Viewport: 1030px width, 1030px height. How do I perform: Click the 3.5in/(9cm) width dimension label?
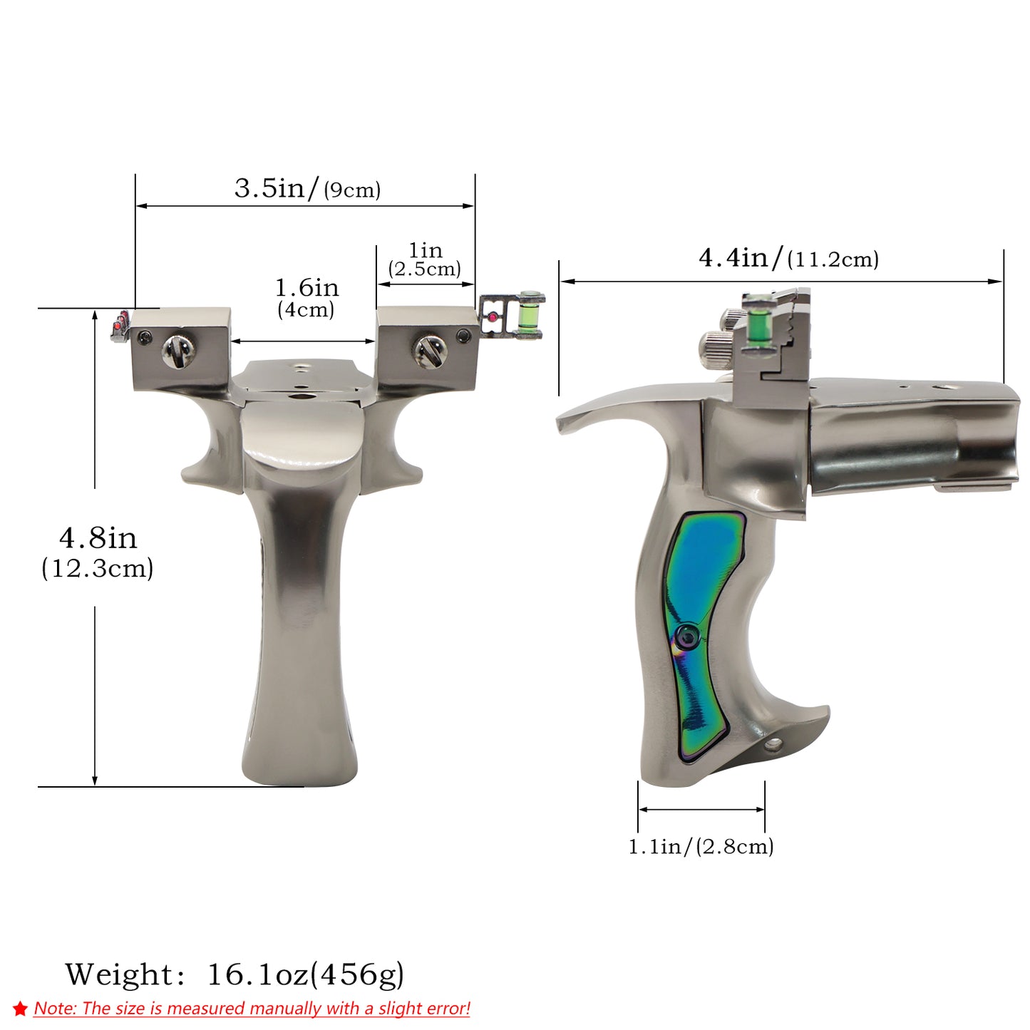coord(307,188)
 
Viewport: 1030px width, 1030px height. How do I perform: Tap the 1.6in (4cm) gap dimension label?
coord(307,298)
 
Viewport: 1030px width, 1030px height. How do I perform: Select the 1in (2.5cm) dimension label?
coord(425,259)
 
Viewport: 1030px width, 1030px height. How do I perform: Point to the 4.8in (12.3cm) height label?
coord(98,552)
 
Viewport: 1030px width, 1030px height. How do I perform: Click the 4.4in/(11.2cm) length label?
coord(788,258)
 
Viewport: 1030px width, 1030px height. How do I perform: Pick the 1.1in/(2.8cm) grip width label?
coord(701,847)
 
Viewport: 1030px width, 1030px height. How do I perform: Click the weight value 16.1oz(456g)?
coord(305,974)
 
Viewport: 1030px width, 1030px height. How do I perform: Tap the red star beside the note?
coord(20,1009)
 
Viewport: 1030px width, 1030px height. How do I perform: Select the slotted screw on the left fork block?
coord(178,351)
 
